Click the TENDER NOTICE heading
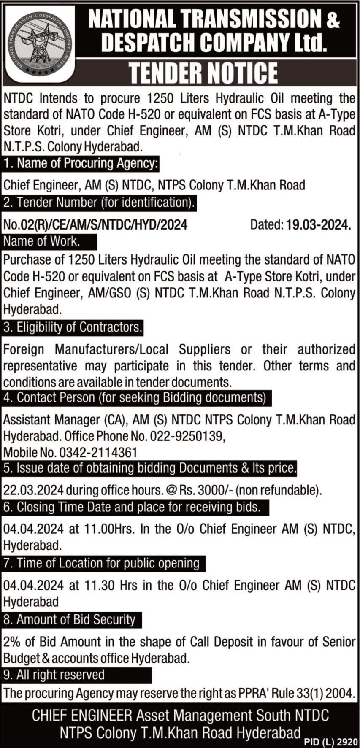tap(203, 73)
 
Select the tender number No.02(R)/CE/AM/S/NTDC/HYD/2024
tap(95, 225)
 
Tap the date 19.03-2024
tap(318, 225)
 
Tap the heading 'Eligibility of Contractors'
tap(73, 327)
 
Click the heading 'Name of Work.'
tap(41, 242)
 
